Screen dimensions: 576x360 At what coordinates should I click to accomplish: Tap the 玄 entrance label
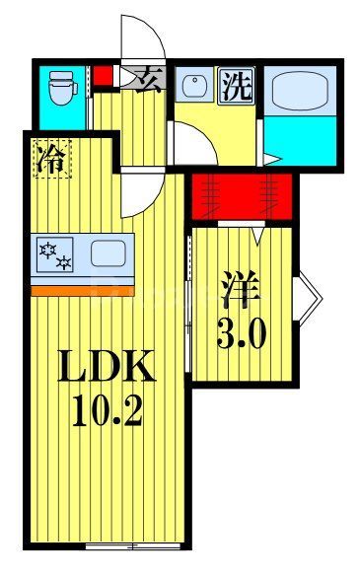(x=151, y=78)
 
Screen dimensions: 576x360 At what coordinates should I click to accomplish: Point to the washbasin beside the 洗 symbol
(x=193, y=86)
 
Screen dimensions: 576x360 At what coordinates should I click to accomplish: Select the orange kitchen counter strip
(x=81, y=290)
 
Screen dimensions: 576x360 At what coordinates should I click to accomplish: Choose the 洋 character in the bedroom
(x=241, y=293)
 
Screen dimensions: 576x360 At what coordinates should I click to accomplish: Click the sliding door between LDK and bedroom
(x=188, y=296)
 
